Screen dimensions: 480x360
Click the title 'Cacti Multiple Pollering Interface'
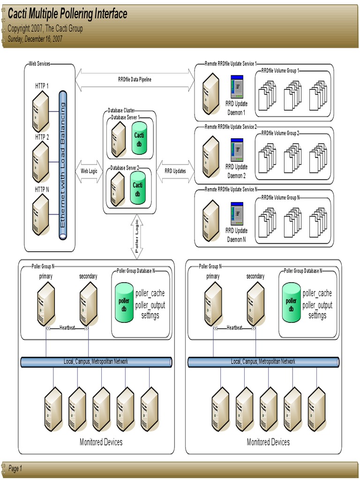point(67,14)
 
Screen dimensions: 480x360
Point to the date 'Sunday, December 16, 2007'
point(35,39)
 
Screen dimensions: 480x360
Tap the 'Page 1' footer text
point(15,468)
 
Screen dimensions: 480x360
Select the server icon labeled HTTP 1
point(41,111)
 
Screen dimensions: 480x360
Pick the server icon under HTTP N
point(41,215)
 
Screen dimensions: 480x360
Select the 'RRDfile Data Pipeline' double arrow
point(135,80)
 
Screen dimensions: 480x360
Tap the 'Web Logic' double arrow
point(89,171)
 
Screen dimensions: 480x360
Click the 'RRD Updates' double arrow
point(175,171)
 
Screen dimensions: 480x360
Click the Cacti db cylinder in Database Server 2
point(138,187)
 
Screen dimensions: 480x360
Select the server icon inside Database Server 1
point(118,139)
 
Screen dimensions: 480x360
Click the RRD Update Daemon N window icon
point(237,214)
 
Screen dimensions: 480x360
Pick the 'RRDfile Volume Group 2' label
point(280,133)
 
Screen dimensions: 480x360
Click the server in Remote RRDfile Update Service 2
point(210,157)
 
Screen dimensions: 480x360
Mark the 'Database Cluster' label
point(121,110)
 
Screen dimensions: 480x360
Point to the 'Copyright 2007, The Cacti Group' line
point(45,29)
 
